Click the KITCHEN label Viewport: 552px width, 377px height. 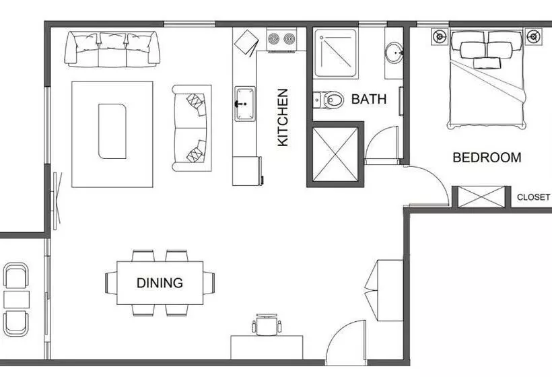coord(283,117)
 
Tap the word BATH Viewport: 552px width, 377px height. coord(369,100)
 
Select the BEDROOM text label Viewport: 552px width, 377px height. coord(486,158)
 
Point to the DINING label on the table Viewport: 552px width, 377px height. coord(160,283)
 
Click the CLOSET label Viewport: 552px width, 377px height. coord(533,197)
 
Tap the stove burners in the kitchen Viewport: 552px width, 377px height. coord(282,39)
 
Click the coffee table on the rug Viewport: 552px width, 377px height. coord(112,131)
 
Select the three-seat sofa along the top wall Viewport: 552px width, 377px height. coord(112,48)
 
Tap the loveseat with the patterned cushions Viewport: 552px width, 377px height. coord(191,128)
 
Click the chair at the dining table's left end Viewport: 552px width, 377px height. coord(111,282)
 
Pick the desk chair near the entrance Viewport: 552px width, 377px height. coord(267,324)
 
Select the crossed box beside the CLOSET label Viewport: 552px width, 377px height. coord(481,197)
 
